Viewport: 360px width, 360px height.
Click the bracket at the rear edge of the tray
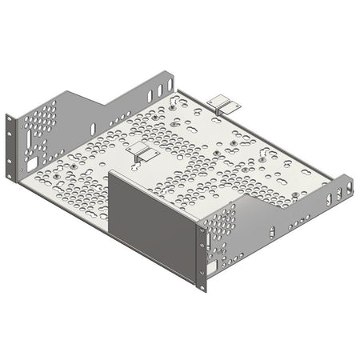tap(222, 104)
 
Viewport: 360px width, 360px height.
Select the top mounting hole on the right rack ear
tap(200, 227)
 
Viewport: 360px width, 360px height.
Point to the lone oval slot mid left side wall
tap(93, 128)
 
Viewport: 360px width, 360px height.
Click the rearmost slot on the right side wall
tap(349, 189)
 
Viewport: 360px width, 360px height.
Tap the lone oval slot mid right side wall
tap(272, 232)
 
